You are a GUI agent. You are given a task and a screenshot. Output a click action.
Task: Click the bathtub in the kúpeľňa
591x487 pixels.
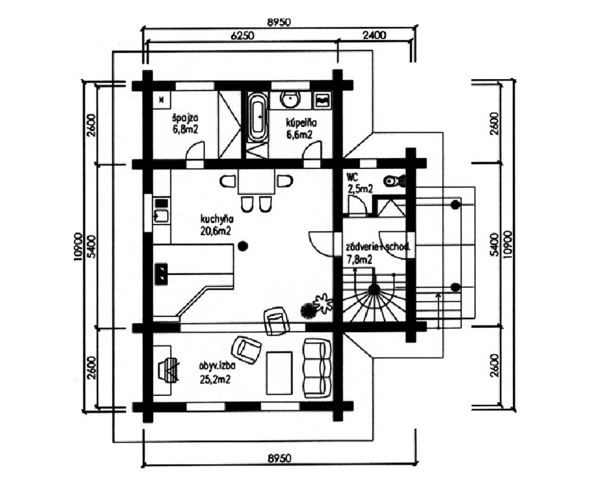[258, 117]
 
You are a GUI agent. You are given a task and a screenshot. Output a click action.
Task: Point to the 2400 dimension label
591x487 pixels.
[374, 35]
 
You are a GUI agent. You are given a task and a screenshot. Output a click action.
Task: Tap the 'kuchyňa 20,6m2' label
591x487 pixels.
[216, 225]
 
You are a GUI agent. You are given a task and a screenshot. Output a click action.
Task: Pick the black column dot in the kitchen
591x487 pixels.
[243, 246]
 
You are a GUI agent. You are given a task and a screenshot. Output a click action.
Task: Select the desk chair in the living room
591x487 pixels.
[168, 369]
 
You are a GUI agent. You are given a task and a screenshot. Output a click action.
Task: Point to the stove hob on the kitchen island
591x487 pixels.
[161, 273]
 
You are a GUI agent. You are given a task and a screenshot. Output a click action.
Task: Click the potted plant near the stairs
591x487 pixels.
[323, 304]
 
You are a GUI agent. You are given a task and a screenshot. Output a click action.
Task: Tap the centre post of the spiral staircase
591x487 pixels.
[374, 289]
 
